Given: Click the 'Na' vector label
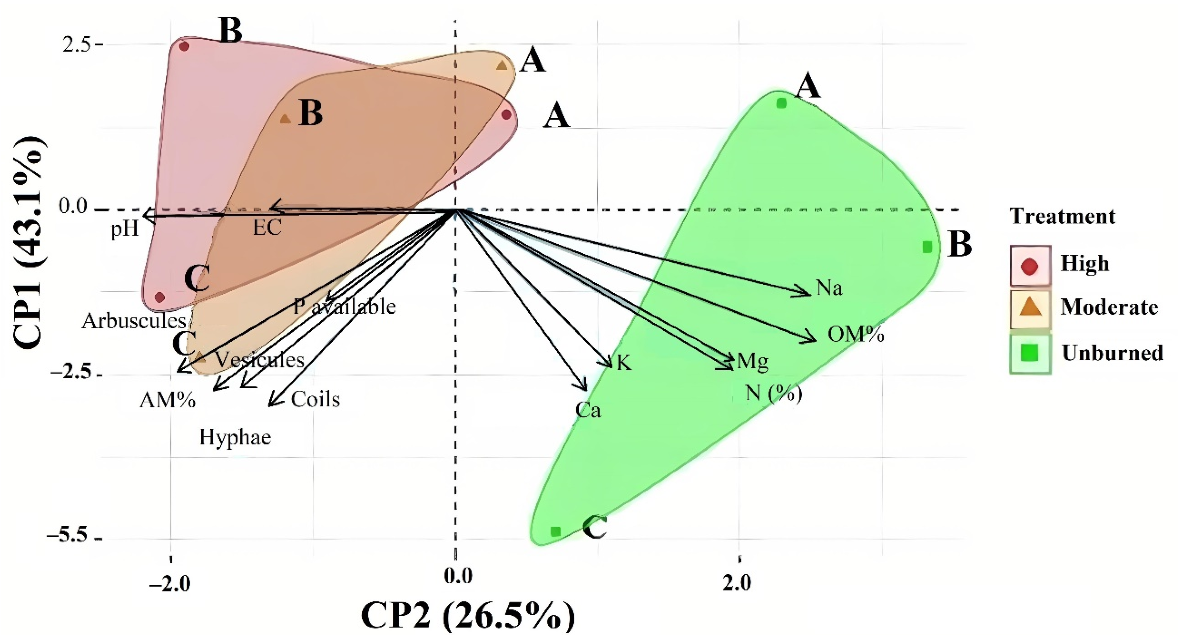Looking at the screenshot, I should click(829, 288).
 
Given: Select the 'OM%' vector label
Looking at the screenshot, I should click(856, 335).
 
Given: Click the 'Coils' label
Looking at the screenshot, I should click(315, 399).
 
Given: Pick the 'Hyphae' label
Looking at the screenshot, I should click(235, 437).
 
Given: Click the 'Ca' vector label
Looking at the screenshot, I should click(588, 410).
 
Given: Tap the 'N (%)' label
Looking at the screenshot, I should click(774, 393).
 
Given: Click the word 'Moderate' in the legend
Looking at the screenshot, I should click(1109, 307).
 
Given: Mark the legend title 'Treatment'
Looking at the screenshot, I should click(1062, 216).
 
